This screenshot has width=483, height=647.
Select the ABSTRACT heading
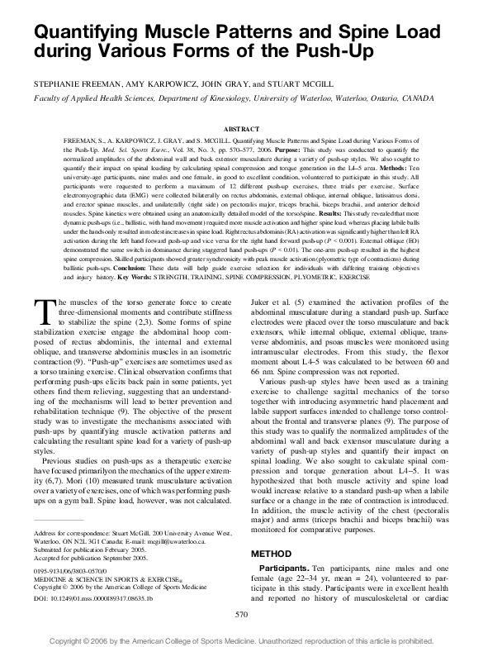click(241, 131)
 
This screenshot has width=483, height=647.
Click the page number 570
click(241, 615)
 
